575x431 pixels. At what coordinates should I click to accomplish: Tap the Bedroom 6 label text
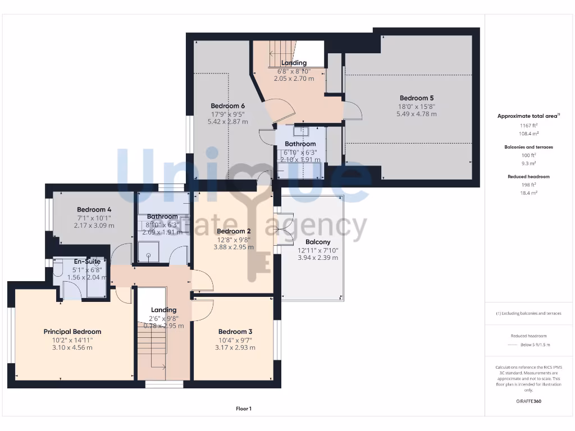[x=227, y=106]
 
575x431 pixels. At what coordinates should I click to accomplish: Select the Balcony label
[x=317, y=242]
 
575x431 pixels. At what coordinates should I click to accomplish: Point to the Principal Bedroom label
[x=72, y=332]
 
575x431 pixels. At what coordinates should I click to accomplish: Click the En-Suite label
[x=87, y=261]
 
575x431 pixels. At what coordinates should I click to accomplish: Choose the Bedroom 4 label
[x=94, y=209]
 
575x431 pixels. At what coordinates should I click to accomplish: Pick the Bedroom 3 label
[x=235, y=332]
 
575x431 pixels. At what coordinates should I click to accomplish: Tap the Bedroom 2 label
[x=234, y=231]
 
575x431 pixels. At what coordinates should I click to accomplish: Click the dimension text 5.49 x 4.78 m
[x=417, y=114]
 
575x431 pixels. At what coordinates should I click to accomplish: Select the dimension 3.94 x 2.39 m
[x=317, y=258]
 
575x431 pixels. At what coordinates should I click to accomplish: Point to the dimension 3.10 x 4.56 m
[x=72, y=347]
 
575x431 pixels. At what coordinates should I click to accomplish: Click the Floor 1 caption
[x=244, y=409]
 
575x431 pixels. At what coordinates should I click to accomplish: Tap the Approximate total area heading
[x=529, y=116]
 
